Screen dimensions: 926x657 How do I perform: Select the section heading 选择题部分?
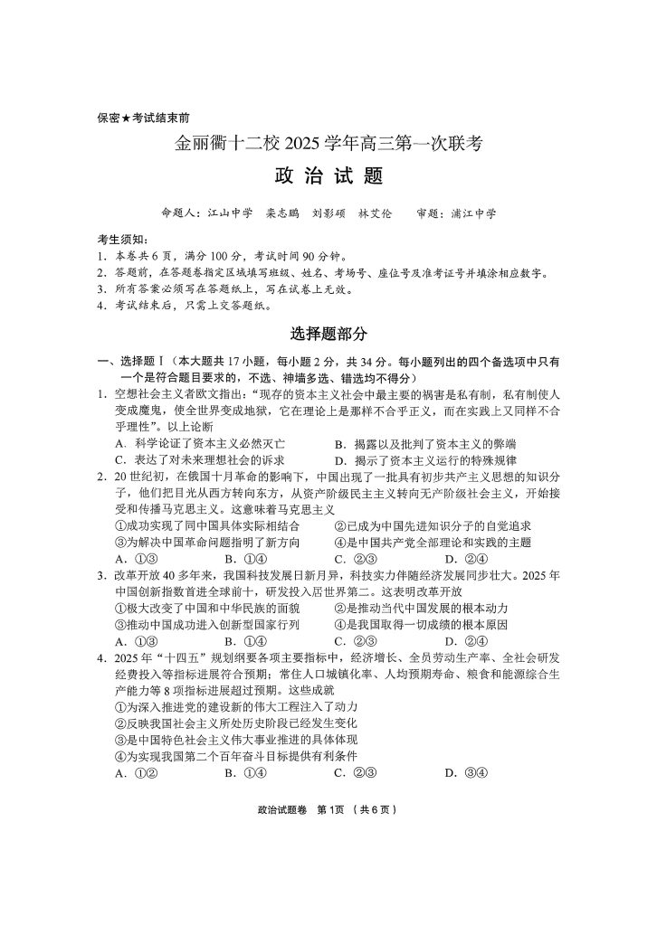tap(328, 334)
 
